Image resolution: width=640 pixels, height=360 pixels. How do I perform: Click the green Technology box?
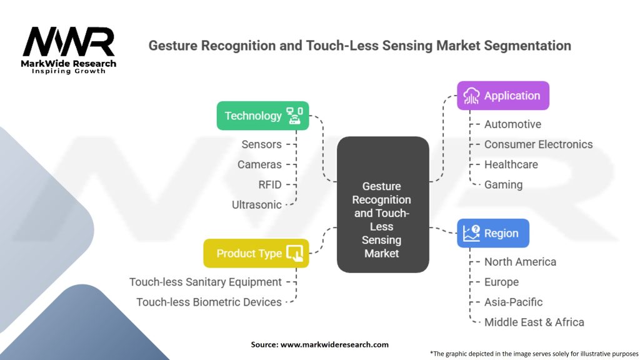coord(262,116)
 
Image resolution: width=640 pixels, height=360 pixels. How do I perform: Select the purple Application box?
coord(503,96)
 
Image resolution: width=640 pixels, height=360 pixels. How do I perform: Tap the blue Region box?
coord(493,233)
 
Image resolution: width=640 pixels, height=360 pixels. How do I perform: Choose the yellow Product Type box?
coord(256,254)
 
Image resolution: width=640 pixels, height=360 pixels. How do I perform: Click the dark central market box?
coord(383,204)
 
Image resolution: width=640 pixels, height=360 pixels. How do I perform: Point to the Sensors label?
coord(261,144)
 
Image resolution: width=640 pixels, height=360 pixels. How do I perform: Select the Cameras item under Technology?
coord(259,164)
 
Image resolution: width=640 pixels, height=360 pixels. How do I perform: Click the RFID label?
coord(270,185)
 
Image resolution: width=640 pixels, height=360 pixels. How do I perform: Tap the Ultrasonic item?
coord(256,205)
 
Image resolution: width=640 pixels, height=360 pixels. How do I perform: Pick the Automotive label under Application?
coord(512,124)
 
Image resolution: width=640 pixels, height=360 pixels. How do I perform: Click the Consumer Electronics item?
coord(538,144)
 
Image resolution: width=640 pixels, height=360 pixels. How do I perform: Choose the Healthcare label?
coord(511,164)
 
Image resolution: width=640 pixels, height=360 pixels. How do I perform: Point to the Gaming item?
coord(503,185)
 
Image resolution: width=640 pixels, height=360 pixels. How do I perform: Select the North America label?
coord(520,262)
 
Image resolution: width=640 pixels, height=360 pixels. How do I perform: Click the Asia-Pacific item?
coord(513,302)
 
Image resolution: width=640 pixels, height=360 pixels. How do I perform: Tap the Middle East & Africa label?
coord(534,322)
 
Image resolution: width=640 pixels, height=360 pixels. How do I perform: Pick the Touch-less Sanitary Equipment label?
coord(205,282)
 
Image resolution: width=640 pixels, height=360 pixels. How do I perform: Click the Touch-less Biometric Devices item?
coord(209,302)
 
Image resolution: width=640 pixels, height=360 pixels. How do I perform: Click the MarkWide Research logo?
coord(69,50)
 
